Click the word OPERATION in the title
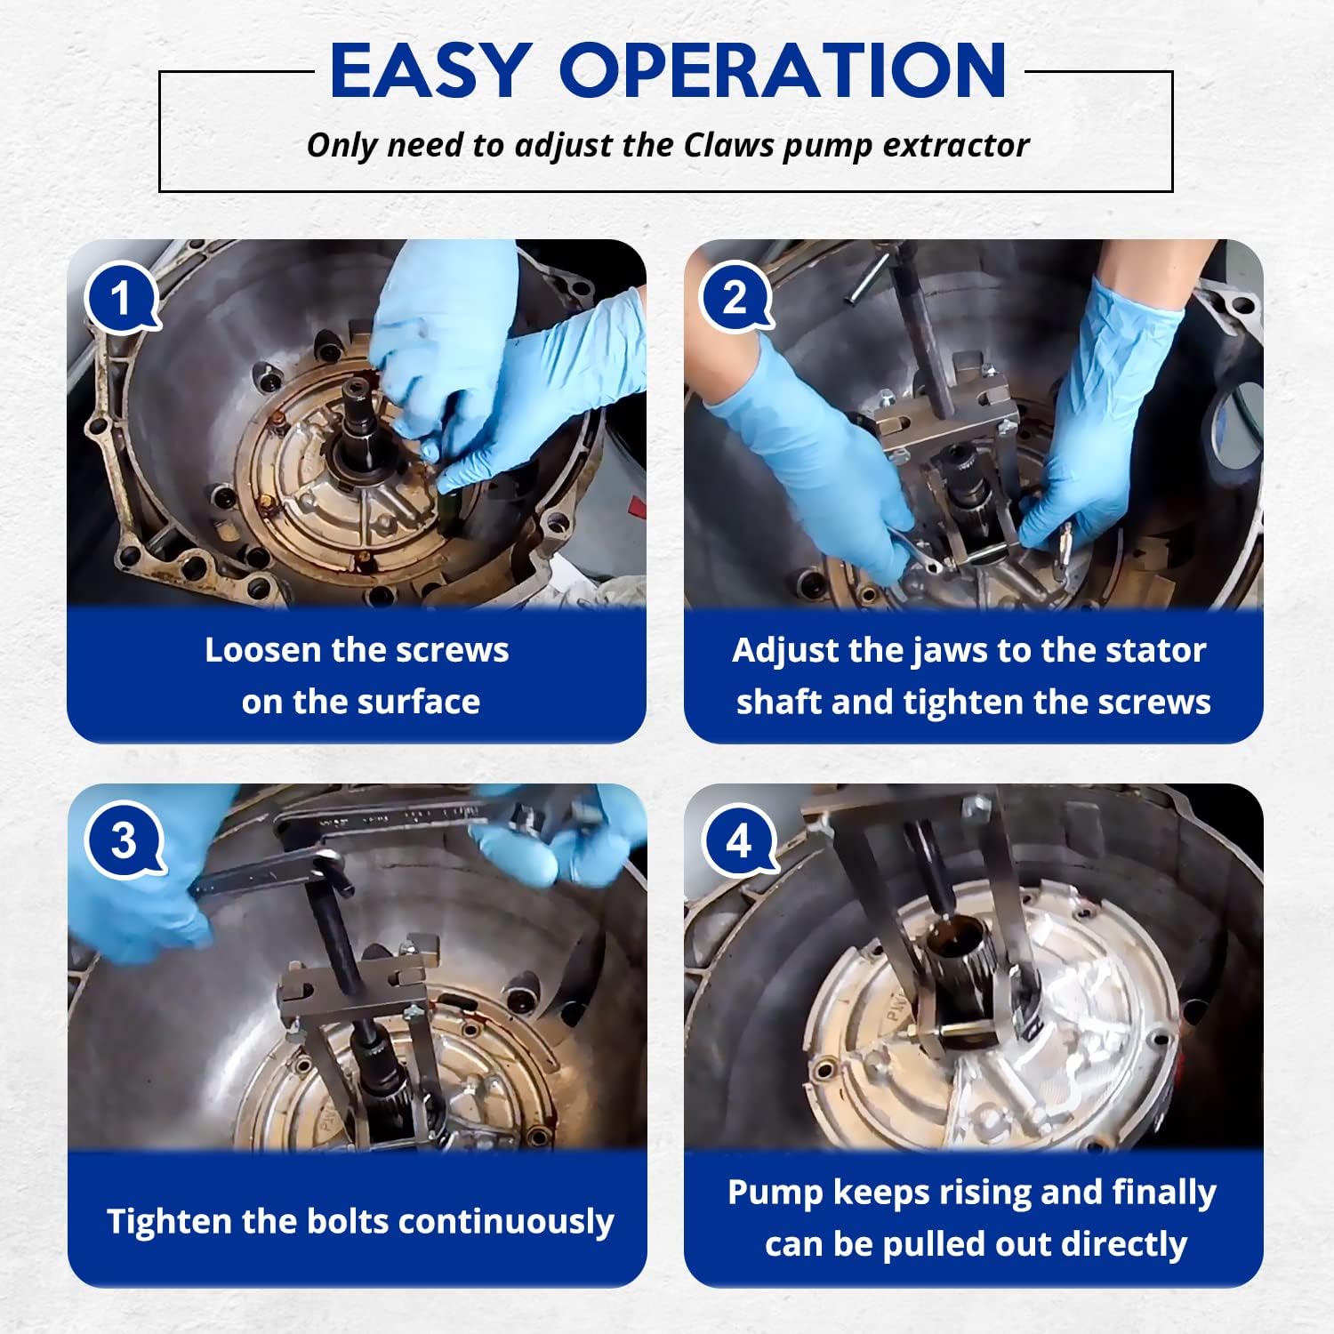784,71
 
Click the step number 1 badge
122,299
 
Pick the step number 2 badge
736,298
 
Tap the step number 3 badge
123,841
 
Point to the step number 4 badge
738,841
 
